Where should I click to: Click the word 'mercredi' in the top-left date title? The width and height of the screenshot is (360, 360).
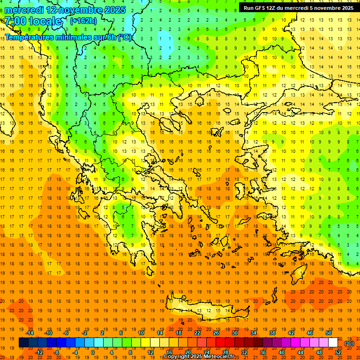[25, 10]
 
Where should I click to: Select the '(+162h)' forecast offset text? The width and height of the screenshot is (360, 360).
[83, 21]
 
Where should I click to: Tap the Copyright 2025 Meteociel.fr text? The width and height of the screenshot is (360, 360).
[199, 357]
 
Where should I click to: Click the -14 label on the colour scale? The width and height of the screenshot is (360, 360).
[30, 333]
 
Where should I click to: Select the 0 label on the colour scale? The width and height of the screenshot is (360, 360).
[93, 352]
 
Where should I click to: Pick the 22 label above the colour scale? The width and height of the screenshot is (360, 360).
[197, 333]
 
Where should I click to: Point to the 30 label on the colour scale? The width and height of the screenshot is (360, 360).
[234, 333]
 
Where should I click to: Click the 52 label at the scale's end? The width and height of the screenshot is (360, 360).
[338, 352]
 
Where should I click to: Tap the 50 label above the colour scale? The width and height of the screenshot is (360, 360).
[328, 333]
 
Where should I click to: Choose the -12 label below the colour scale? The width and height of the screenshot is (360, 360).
[39, 352]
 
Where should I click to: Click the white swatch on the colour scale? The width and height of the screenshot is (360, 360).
[333, 343]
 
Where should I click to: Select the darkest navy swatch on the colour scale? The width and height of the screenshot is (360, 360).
[23, 343]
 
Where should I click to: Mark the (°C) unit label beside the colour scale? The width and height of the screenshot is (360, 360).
[349, 343]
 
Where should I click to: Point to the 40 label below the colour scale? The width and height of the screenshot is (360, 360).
[281, 352]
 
